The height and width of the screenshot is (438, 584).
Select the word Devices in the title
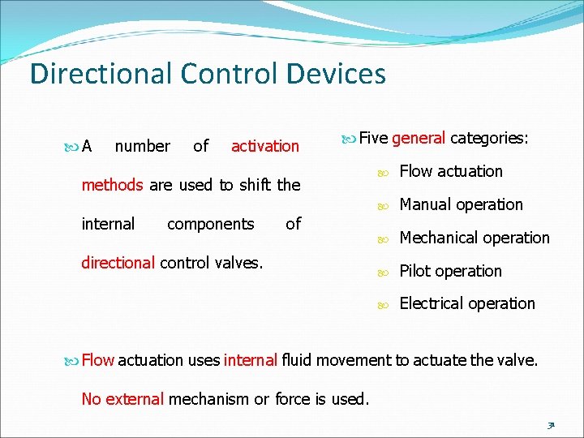point(336,74)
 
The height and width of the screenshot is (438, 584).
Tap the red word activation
point(265,146)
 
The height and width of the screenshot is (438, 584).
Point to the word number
point(143,146)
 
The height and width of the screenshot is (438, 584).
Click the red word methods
point(112,185)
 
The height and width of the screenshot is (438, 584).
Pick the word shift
point(255,185)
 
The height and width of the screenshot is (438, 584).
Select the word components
point(210,224)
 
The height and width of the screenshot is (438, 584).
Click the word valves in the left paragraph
point(238,263)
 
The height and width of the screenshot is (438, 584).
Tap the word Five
point(374,138)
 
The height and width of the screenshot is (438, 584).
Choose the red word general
point(419,138)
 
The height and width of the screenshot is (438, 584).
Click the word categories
point(489,138)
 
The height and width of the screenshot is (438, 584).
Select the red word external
point(135,398)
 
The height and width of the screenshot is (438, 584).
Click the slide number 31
point(550,423)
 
